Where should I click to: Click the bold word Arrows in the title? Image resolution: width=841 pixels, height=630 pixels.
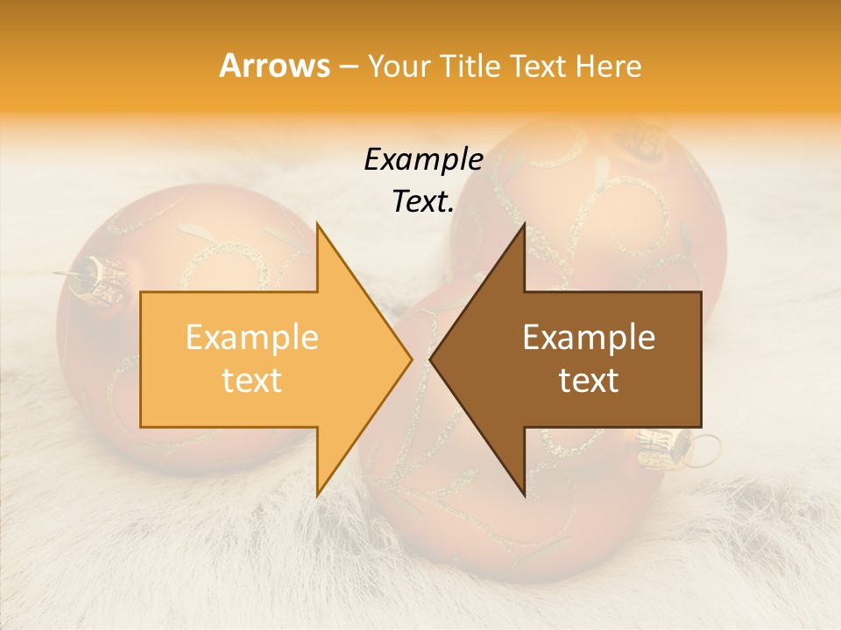[x=275, y=66]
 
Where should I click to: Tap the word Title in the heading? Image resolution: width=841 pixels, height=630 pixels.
[x=470, y=66]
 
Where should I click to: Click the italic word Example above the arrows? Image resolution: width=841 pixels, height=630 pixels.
[x=423, y=160]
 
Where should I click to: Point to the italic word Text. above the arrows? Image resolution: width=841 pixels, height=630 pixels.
[x=423, y=202]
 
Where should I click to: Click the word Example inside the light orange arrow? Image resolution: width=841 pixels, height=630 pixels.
[x=252, y=338]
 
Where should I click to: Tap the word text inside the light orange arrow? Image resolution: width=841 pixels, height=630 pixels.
[x=252, y=380]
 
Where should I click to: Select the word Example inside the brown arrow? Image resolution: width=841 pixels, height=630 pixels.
[x=589, y=338]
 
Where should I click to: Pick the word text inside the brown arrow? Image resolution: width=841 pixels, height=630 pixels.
[x=589, y=380]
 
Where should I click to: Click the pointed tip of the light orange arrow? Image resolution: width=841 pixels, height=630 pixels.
[x=411, y=360]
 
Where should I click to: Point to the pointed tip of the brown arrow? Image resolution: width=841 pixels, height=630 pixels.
[x=431, y=360]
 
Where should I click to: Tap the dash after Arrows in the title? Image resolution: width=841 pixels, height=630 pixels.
[x=348, y=67]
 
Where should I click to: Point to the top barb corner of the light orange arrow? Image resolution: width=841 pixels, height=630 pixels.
[x=317, y=224]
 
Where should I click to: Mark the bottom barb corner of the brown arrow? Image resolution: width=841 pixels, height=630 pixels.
[x=525, y=495]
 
